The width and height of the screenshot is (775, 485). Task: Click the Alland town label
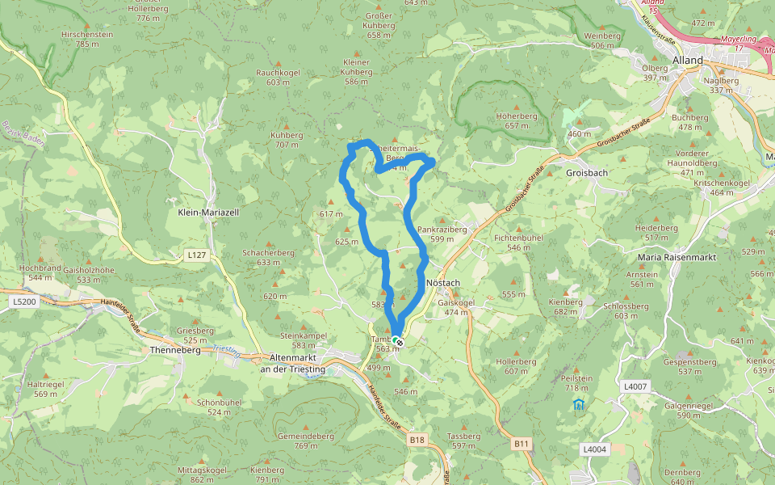688,60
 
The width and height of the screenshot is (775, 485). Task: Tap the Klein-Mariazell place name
208,212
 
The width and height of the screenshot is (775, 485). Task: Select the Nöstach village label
442,283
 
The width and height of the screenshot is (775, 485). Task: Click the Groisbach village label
587,173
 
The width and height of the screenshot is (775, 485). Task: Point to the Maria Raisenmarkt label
677,257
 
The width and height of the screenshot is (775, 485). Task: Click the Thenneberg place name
174,350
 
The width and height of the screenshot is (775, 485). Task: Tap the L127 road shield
195,255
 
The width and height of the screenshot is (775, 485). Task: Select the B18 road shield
417,440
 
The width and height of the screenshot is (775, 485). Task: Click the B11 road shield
522,443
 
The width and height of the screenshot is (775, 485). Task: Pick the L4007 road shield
635,387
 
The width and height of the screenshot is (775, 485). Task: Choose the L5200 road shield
24,302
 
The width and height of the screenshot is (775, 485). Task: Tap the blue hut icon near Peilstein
578,404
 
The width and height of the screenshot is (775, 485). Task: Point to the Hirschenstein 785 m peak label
87,40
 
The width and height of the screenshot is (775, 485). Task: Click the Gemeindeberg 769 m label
305,441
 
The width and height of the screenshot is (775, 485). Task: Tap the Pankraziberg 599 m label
448,234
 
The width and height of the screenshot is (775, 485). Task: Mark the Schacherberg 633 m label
268,257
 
